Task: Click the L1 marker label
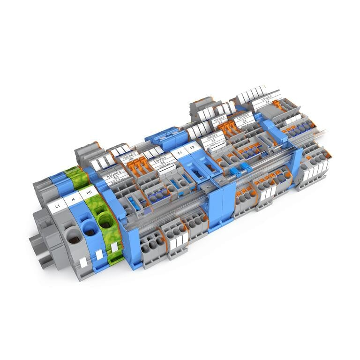click(58, 205)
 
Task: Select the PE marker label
click(88, 192)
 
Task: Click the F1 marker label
click(178, 153)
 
